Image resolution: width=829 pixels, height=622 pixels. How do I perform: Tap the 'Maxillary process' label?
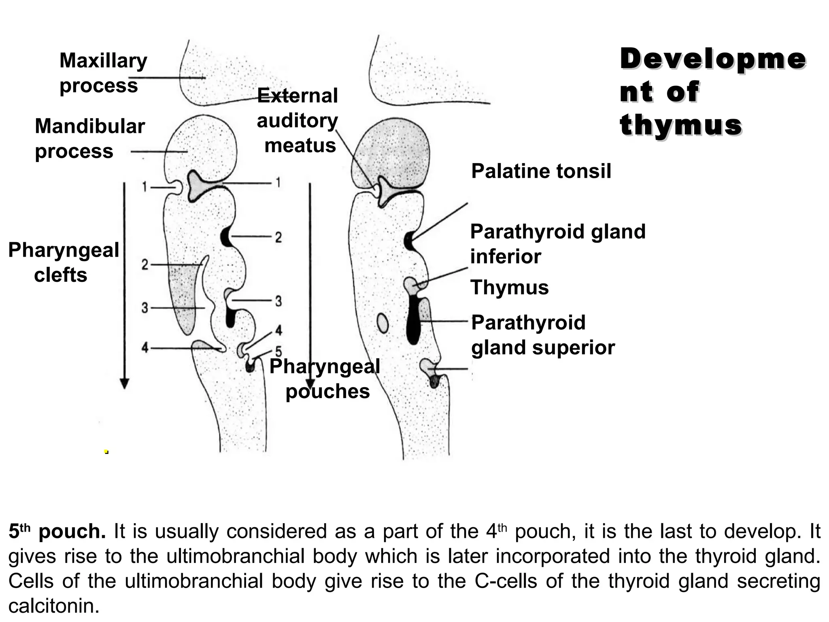[x=103, y=73]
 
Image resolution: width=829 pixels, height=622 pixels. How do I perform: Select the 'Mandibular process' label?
[x=90, y=138]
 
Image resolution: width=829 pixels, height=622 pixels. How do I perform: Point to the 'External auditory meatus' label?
[x=298, y=120]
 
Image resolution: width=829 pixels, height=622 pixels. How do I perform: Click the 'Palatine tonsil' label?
[x=541, y=171]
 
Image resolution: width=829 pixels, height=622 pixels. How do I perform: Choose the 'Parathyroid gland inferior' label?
[x=557, y=244]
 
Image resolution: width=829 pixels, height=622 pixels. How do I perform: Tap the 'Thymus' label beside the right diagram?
[x=509, y=288]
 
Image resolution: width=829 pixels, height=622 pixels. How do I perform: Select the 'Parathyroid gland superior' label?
[x=542, y=335]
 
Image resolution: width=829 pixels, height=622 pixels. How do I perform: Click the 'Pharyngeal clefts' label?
[x=64, y=262]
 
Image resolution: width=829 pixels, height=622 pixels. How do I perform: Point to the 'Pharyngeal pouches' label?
[x=325, y=379]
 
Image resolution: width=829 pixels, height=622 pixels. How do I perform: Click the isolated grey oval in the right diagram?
[x=383, y=323]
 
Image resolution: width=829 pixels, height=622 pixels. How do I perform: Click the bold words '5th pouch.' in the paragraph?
[x=57, y=531]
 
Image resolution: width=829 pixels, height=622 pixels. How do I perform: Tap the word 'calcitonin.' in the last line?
[x=54, y=606]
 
